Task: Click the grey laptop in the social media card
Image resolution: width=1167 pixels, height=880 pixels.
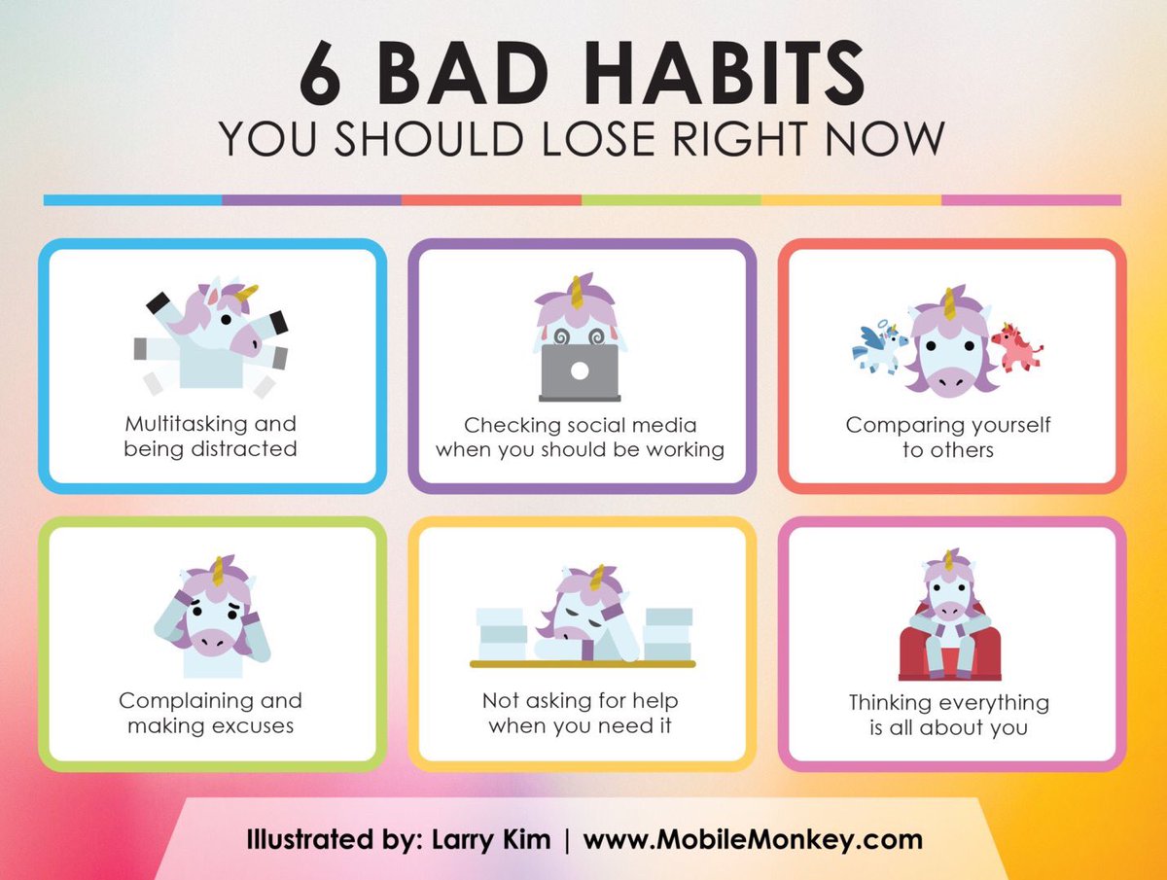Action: tap(580, 372)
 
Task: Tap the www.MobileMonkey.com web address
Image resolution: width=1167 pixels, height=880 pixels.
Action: tap(753, 838)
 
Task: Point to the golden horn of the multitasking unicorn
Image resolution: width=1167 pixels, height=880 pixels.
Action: tap(247, 292)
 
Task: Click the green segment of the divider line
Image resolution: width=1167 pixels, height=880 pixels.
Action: tap(671, 199)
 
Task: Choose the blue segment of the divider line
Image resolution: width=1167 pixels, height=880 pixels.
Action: tap(132, 199)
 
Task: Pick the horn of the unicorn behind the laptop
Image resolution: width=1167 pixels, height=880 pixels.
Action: tap(578, 291)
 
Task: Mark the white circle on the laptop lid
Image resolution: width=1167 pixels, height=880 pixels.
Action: tap(580, 370)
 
